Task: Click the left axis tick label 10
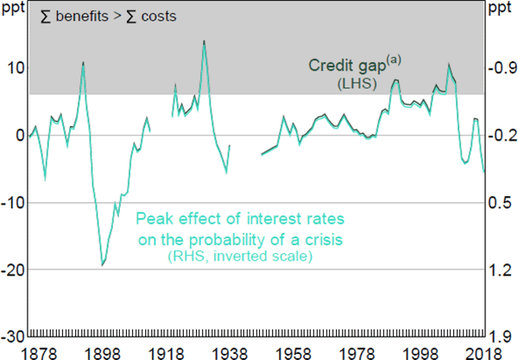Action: tap(13, 68)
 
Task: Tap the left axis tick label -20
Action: tap(11, 269)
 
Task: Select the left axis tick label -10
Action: tap(11, 203)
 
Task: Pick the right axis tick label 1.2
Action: tap(501, 269)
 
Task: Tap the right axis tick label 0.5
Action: tap(501, 203)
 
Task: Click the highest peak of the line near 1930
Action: tap(204, 41)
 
